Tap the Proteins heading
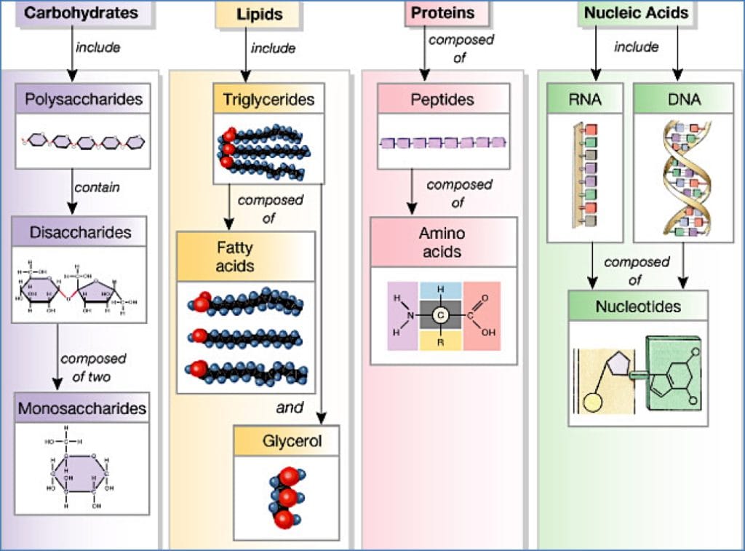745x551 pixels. tap(442, 12)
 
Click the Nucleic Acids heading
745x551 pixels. tap(636, 12)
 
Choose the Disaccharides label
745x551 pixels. tap(80, 232)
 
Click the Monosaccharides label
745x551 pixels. tap(81, 408)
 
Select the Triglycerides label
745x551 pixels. tap(268, 99)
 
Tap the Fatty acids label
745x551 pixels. tap(234, 256)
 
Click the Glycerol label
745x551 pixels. tap(291, 441)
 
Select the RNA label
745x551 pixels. tap(585, 99)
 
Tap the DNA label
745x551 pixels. tap(683, 99)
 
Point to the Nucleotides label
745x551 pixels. tap(638, 306)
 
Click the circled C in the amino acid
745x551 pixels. tap(440, 316)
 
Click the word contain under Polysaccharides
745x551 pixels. tap(97, 188)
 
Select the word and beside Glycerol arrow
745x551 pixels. tap(289, 408)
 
